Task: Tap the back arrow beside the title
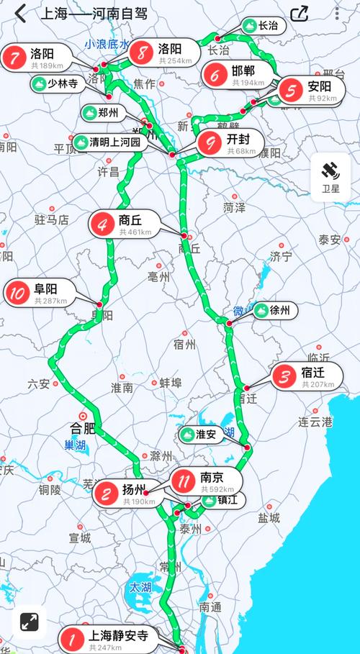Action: [x=19, y=13]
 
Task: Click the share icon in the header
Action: [x=300, y=14]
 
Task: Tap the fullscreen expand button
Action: [x=29, y=622]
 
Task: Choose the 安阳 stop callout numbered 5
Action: [x=310, y=91]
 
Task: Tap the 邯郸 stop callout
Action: [x=238, y=74]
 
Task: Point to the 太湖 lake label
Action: [x=140, y=587]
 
